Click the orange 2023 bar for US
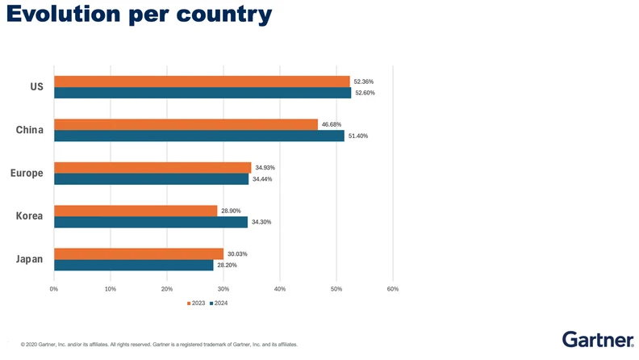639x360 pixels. (202, 82)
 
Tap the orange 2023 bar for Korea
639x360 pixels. (136, 211)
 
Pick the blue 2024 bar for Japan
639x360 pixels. (134, 265)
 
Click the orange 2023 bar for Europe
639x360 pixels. (152, 167)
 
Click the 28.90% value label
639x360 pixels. (231, 210)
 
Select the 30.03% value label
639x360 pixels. (237, 253)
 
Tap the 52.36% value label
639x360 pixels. (363, 82)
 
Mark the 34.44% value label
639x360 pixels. (262, 178)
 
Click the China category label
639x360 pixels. (30, 129)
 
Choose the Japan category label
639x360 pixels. (30, 258)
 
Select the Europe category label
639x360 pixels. (27, 173)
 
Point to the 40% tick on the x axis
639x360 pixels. (280, 288)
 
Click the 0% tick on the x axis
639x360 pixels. (54, 288)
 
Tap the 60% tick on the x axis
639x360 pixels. (393, 288)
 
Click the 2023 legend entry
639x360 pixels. (196, 303)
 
